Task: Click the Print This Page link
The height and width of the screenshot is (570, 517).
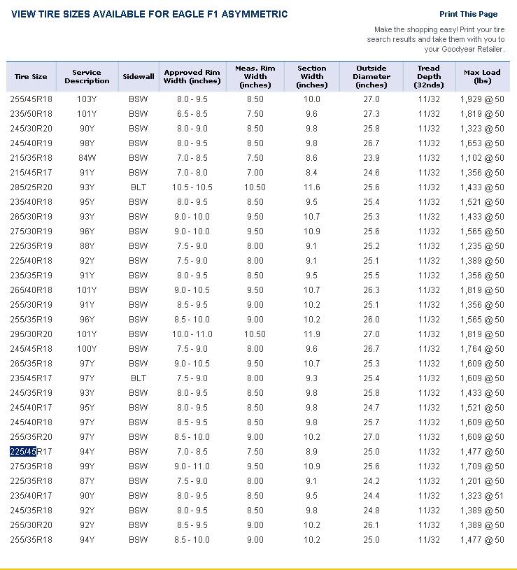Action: pyautogui.click(x=468, y=14)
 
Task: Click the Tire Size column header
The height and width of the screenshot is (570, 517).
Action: pyautogui.click(x=31, y=76)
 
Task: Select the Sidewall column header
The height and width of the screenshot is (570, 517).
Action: pyautogui.click(x=139, y=76)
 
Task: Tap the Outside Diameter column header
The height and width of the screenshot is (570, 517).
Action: pyautogui.click(x=371, y=76)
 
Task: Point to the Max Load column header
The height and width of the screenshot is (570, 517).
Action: pyautogui.click(x=482, y=76)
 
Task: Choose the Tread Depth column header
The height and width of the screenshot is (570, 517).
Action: pyautogui.click(x=429, y=76)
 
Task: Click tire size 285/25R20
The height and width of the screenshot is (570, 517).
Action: pyautogui.click(x=31, y=187)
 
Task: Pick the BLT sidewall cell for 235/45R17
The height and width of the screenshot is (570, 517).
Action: pyautogui.click(x=139, y=378)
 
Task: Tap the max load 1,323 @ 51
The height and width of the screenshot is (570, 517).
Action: pyautogui.click(x=482, y=496)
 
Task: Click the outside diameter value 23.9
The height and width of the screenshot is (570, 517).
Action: pyautogui.click(x=371, y=158)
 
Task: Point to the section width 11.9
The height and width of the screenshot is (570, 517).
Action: pyautogui.click(x=312, y=334)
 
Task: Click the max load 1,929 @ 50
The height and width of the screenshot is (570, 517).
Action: pyautogui.click(x=482, y=99)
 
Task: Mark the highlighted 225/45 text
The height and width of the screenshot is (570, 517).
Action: pyautogui.click(x=22, y=452)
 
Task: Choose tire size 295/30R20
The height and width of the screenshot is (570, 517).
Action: pyautogui.click(x=31, y=334)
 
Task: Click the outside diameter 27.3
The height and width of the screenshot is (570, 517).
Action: pyautogui.click(x=371, y=114)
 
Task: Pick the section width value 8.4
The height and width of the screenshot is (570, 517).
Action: pyautogui.click(x=312, y=173)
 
